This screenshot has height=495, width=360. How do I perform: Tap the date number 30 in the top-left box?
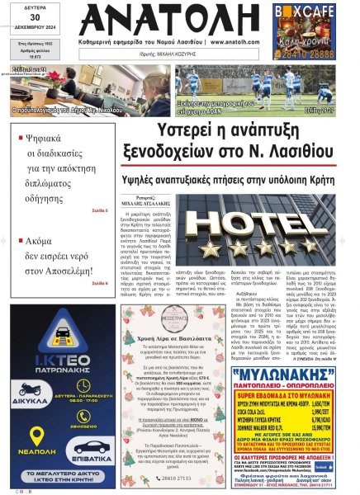tap(28, 18)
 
